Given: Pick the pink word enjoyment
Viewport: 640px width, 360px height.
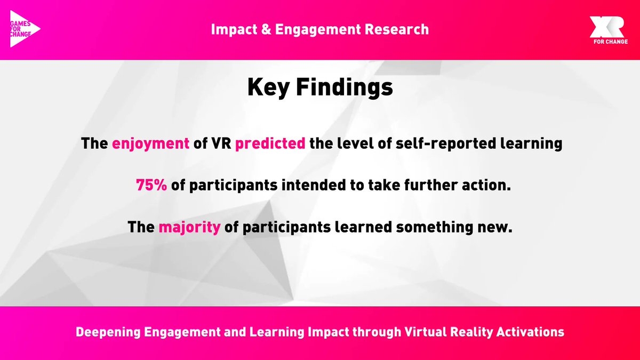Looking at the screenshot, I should click(x=151, y=144).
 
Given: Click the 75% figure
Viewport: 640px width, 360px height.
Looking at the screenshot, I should click(x=152, y=186).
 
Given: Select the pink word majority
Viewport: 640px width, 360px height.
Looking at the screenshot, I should click(x=189, y=228).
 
